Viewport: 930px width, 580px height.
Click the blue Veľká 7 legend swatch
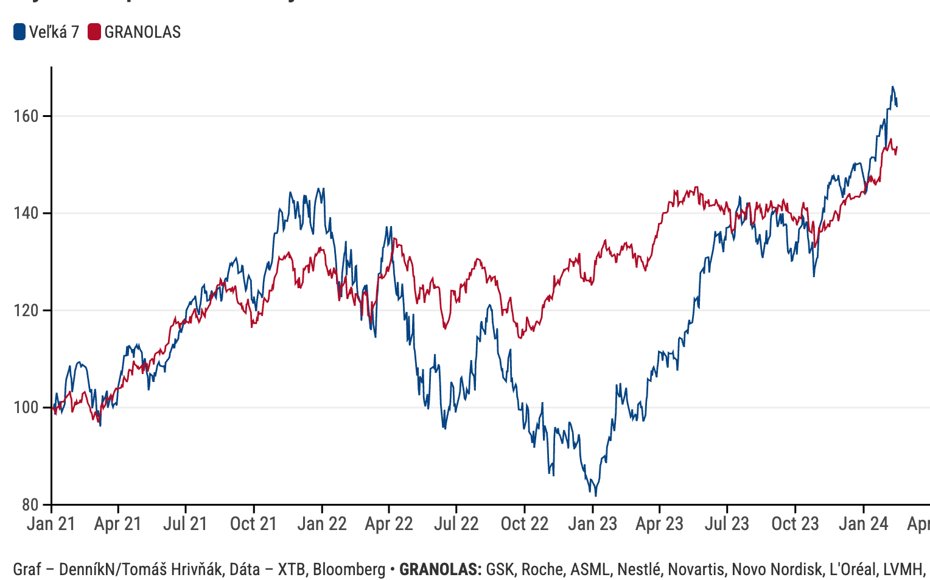coord(19,32)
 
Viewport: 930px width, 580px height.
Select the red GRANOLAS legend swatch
coord(94,32)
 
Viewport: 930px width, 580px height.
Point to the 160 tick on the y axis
coord(26,116)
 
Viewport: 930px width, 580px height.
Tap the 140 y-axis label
coord(26,213)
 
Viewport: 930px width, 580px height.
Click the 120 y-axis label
coord(26,310)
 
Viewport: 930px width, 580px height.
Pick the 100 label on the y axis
coord(26,407)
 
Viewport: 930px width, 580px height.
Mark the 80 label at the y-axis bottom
coord(30,504)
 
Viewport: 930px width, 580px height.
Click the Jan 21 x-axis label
coord(51,524)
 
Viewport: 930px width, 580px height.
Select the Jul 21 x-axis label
coord(185,524)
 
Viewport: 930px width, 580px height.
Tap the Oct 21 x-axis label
coord(253,524)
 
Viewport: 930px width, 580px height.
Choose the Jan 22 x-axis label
coord(322,524)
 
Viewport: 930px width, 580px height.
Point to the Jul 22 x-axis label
coord(456,524)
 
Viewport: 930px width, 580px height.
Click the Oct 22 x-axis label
coord(525,524)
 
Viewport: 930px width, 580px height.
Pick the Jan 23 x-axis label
coord(593,524)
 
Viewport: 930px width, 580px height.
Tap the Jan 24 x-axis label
coord(864,524)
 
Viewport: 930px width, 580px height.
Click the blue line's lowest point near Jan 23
coord(595,495)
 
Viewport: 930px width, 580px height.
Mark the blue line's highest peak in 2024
coord(892,87)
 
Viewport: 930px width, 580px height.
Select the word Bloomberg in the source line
coord(349,570)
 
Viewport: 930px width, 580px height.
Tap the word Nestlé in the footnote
coord(638,570)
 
